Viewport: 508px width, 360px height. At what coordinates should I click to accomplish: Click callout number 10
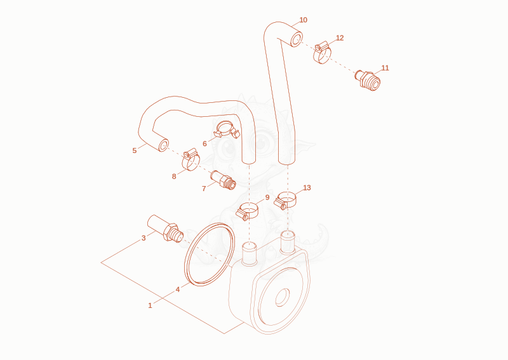(304, 20)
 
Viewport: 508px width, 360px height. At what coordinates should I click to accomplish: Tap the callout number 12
(340, 38)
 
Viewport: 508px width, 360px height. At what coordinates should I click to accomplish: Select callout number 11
(385, 68)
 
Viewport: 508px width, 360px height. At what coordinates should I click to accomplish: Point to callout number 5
(135, 150)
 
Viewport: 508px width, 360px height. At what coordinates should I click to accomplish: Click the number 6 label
(204, 144)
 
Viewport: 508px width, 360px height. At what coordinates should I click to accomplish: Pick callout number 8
(174, 177)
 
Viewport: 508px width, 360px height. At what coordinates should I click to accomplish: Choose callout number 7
(204, 189)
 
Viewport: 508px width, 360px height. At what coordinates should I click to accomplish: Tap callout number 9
(267, 197)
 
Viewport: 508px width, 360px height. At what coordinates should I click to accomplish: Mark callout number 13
(307, 188)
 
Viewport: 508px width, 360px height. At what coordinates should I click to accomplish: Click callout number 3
(144, 239)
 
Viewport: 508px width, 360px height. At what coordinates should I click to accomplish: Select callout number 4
(178, 290)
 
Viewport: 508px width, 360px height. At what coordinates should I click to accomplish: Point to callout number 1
(150, 305)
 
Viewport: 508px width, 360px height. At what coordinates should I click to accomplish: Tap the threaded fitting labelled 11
(368, 80)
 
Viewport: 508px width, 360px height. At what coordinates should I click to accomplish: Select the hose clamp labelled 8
(191, 159)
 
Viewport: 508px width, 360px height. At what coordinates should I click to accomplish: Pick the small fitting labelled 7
(223, 180)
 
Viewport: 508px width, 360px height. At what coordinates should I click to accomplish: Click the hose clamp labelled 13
(285, 200)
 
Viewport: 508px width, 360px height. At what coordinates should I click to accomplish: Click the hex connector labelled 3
(165, 229)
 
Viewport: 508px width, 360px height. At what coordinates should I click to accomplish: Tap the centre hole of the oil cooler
(283, 297)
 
